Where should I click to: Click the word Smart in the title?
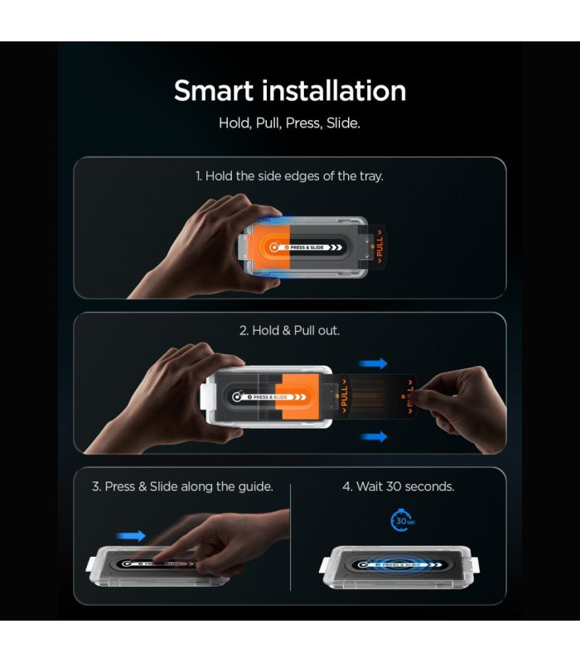coord(214,91)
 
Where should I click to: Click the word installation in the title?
coord(334,91)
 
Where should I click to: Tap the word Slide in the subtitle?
coord(343,123)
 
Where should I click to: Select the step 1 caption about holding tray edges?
coord(289,176)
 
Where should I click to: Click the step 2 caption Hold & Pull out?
coord(289,330)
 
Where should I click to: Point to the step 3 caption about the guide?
coord(182,487)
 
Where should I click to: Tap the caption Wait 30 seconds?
coord(399,487)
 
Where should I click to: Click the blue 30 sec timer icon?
coord(402,520)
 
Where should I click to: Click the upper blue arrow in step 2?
coord(373,363)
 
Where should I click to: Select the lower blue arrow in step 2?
coord(374,437)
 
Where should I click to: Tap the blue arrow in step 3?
coord(131,535)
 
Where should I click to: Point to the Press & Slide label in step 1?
coord(308,247)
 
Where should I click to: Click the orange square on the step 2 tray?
coord(297,397)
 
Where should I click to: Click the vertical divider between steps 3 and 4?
coord(291,537)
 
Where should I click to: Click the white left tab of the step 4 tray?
coord(326,565)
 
